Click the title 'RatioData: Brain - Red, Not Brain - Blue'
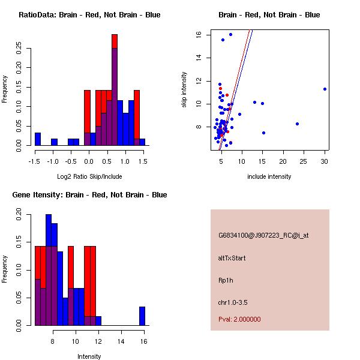click(x=89, y=15)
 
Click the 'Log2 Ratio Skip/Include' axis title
click(x=89, y=176)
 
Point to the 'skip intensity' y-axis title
click(x=185, y=90)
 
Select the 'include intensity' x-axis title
click(x=269, y=176)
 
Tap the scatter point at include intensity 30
click(x=325, y=89)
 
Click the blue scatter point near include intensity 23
click(x=297, y=124)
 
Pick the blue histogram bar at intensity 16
click(x=142, y=316)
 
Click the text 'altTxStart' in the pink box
click(x=232, y=258)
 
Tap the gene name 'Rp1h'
click(x=226, y=280)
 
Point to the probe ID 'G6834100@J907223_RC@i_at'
click(x=263, y=236)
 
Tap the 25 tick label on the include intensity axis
click(x=304, y=161)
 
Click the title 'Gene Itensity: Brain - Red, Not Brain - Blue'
click(x=89, y=195)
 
